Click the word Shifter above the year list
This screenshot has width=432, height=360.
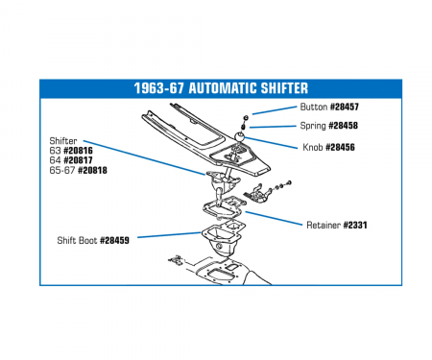63,141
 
